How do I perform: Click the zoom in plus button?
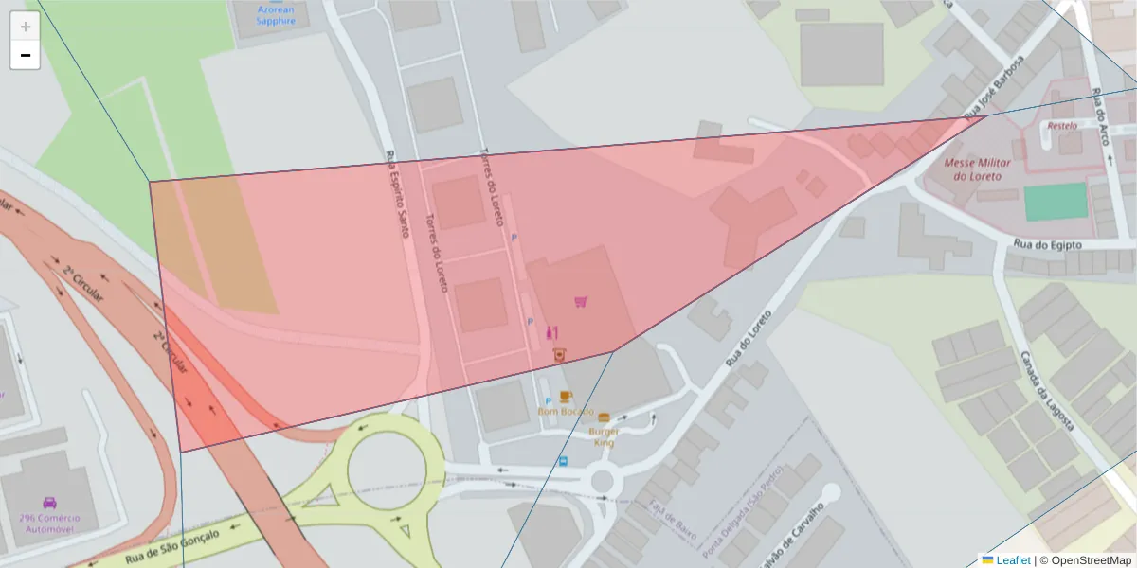(x=25, y=26)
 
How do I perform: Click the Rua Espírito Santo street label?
(x=397, y=193)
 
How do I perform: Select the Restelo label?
(x=1061, y=125)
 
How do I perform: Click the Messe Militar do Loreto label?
(x=978, y=169)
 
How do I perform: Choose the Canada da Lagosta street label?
(x=1047, y=392)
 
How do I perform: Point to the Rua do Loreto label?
(x=749, y=340)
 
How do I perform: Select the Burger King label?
(x=604, y=436)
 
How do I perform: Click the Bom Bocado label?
(x=565, y=412)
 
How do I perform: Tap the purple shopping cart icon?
(x=581, y=302)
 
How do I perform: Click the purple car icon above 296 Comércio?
(x=49, y=503)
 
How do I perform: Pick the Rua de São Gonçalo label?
(x=172, y=546)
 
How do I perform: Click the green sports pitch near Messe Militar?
(x=1056, y=202)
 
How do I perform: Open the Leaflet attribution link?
(x=1013, y=560)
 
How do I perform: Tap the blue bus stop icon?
(x=564, y=462)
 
